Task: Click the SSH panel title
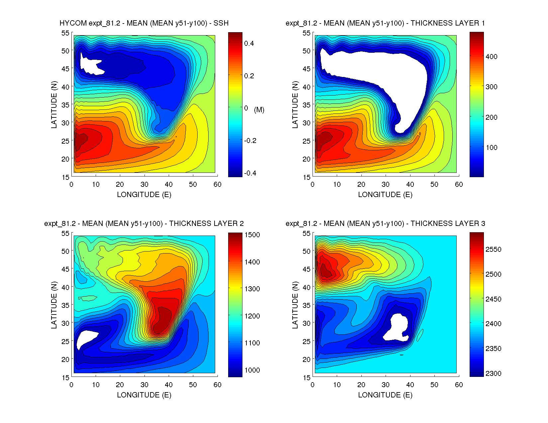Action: click(144, 23)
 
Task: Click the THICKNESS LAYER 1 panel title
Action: click(385, 23)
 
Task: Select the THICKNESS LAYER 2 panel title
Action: click(144, 224)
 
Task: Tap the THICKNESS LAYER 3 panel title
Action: click(385, 224)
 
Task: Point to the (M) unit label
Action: click(259, 110)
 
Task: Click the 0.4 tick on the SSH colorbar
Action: click(249, 43)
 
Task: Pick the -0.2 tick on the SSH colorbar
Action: click(250, 141)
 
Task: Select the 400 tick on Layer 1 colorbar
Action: click(491, 57)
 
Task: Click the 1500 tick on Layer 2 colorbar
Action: click(252, 235)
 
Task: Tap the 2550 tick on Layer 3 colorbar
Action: click(493, 249)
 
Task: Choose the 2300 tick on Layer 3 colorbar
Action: click(493, 374)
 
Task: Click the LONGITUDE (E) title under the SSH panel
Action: click(144, 195)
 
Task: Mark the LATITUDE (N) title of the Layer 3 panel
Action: click(295, 305)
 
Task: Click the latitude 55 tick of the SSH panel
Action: click(65, 33)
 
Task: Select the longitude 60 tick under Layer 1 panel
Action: click(459, 184)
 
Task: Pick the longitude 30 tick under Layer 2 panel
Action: click(144, 385)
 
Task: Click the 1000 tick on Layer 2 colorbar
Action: click(252, 370)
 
